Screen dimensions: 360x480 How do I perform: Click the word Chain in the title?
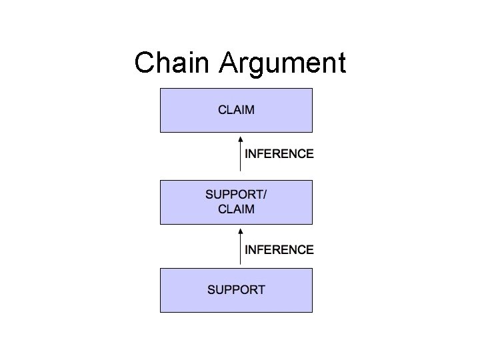175,63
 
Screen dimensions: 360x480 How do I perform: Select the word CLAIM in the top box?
236,109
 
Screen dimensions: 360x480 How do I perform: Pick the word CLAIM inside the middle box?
236,209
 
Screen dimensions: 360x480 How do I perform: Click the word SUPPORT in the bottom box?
236,290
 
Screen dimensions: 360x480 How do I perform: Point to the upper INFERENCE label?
279,153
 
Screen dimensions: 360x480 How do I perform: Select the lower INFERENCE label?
279,250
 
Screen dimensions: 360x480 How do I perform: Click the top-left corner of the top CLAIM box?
161,87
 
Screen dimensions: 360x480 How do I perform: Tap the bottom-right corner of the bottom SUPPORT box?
312,311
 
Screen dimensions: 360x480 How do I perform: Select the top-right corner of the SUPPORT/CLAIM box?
312,181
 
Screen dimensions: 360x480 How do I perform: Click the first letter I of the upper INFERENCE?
247,153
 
